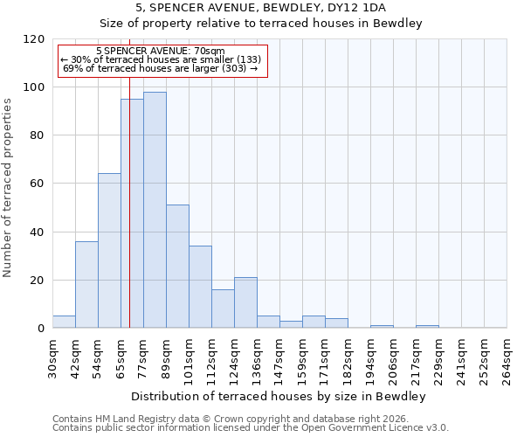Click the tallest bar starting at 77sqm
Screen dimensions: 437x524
click(155, 210)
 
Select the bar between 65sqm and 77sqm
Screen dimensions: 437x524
click(132, 213)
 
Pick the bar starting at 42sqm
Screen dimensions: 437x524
click(86, 284)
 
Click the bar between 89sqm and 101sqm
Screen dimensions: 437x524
click(177, 267)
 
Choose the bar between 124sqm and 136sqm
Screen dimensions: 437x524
click(245, 302)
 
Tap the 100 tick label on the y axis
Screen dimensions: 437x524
click(34, 87)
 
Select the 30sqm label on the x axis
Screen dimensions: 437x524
click(52, 357)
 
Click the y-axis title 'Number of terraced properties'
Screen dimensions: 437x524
click(8, 188)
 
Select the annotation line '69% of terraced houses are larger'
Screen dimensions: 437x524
click(161, 68)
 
